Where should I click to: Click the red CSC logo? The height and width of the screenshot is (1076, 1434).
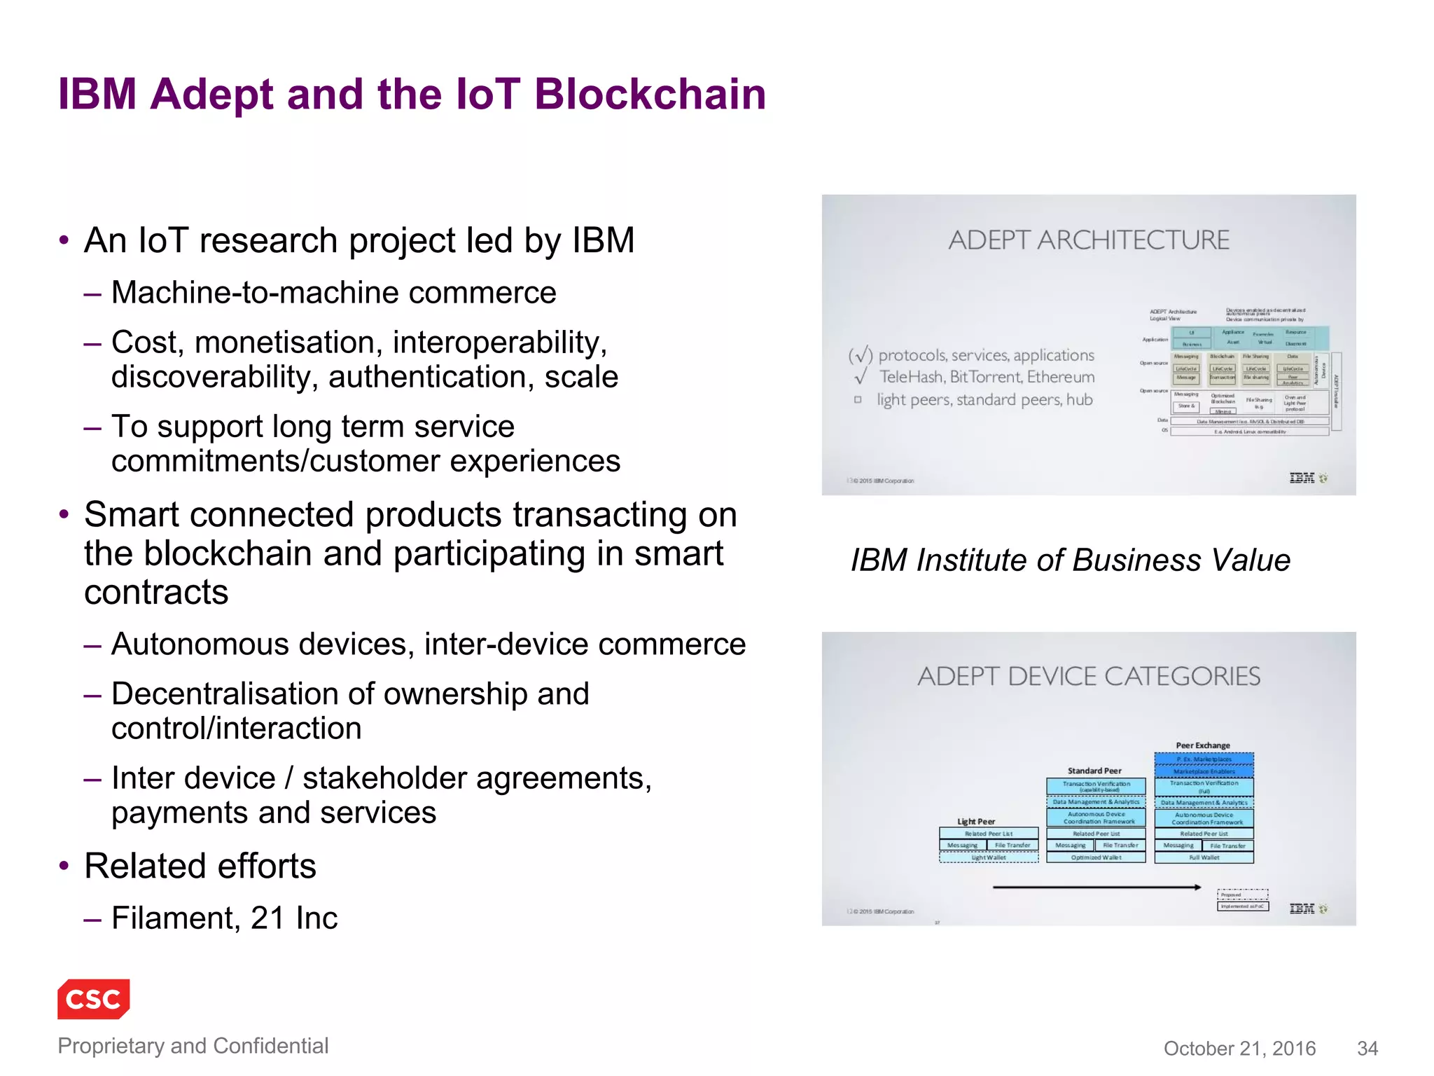point(93,998)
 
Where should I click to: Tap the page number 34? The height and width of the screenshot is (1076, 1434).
point(1367,1048)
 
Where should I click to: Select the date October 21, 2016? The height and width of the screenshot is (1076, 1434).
point(1239,1048)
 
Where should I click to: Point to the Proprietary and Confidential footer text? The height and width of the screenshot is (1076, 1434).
point(193,1045)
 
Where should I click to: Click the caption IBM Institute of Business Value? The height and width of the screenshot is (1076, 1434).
point(1070,560)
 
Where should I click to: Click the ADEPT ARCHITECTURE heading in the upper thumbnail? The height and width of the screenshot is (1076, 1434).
point(1089,240)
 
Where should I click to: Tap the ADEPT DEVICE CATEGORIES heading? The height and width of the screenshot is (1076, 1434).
point(1089,676)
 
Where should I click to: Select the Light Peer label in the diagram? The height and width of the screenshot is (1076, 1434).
point(976,821)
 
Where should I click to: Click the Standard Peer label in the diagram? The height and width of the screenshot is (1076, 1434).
point(1094,771)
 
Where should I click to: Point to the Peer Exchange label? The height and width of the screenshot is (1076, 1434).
point(1203,745)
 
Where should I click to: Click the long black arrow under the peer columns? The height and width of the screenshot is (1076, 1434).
point(1096,888)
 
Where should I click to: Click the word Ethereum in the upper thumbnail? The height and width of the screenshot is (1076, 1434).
point(1061,377)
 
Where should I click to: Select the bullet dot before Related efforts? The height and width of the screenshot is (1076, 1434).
point(64,866)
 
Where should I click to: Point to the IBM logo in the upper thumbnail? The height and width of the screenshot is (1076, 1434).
point(1302,478)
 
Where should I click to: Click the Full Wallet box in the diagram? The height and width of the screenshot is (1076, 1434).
point(1204,857)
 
